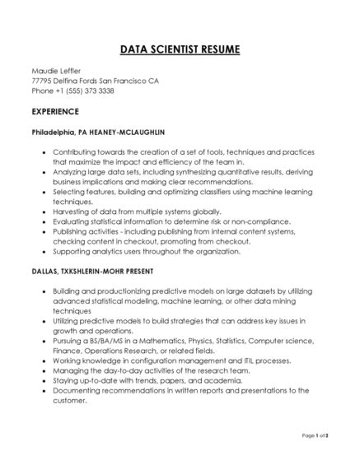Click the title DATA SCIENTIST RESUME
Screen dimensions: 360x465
pos(180,51)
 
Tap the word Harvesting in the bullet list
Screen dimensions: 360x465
pos(71,212)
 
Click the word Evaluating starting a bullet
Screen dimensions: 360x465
pos(71,221)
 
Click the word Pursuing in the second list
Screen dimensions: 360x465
pos(69,341)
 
